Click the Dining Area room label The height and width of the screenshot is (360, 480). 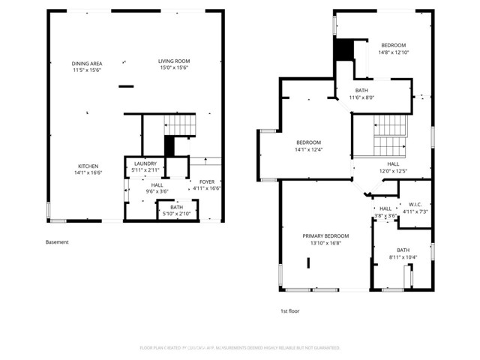click(x=87, y=67)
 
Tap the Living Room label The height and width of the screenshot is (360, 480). click(x=173, y=64)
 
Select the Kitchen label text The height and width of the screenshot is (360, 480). click(x=88, y=169)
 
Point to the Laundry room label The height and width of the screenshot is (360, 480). click(x=145, y=167)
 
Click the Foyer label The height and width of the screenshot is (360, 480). click(x=205, y=184)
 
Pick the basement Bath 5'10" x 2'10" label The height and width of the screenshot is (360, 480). click(x=176, y=211)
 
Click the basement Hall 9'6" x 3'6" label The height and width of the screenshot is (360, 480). click(x=157, y=187)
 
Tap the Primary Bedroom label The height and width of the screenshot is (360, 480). click(x=325, y=239)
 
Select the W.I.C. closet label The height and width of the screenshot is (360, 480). click(x=415, y=207)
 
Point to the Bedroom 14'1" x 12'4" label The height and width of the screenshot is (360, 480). click(x=308, y=146)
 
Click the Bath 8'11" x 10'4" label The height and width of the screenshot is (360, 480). click(x=403, y=253)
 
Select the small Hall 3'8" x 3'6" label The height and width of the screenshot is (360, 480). click(x=385, y=212)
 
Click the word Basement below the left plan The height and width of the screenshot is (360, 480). click(x=57, y=242)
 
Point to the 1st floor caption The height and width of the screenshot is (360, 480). click(x=289, y=310)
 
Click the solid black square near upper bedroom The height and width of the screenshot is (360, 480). click(x=343, y=49)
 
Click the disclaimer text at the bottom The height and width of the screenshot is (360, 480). click(x=240, y=348)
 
